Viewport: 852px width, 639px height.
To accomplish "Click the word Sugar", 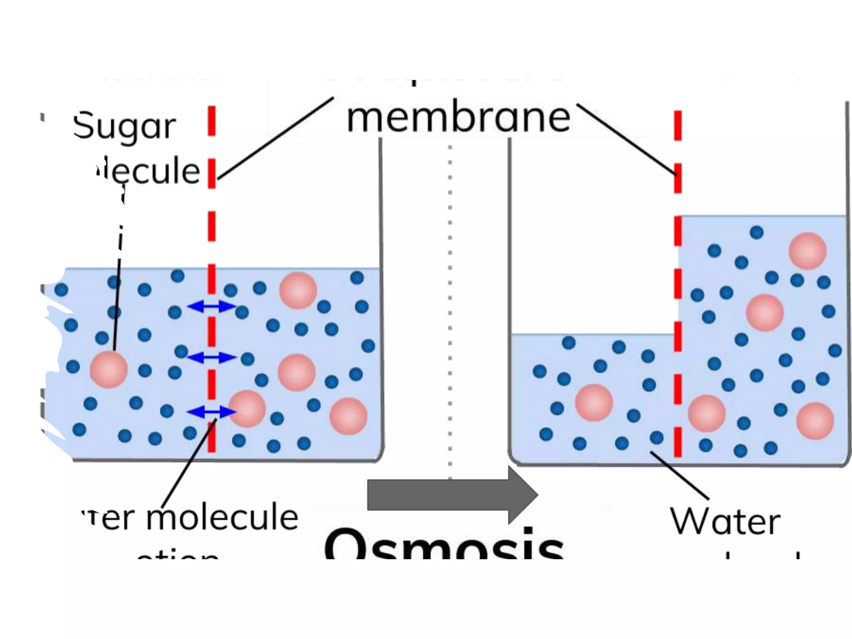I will tap(124, 126).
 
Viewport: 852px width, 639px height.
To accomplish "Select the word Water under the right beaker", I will tap(725, 522).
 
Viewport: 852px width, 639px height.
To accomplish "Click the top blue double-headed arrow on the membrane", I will tap(211, 307).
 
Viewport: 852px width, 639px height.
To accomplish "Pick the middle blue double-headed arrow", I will tap(211, 357).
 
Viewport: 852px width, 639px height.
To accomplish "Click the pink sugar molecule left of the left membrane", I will tap(109, 369).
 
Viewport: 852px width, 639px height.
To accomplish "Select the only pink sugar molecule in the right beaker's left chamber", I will tap(594, 402).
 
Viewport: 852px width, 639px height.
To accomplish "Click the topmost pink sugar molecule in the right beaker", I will tap(807, 251).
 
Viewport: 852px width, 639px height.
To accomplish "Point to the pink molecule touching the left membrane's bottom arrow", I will tap(247, 409).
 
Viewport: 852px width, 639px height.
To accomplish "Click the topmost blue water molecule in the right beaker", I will tap(756, 232).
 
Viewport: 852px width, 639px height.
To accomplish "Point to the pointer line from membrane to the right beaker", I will tap(626, 139).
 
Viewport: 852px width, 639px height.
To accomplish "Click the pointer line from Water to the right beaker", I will tap(679, 475).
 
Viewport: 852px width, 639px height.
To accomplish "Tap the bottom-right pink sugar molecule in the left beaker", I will tap(348, 416).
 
